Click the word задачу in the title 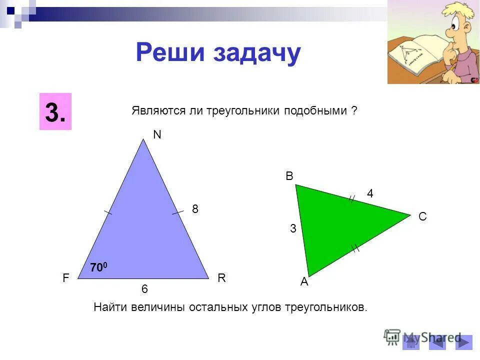257,53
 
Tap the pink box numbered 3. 55,111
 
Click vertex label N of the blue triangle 157,135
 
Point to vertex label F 66,279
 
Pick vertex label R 222,279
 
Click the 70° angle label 98,268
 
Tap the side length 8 195,210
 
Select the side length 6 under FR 144,289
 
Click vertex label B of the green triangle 289,176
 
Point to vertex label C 422,216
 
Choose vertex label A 304,282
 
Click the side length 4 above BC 370,194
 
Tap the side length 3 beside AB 293,229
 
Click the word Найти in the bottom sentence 110,307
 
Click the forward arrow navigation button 464,342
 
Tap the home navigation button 411,342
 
